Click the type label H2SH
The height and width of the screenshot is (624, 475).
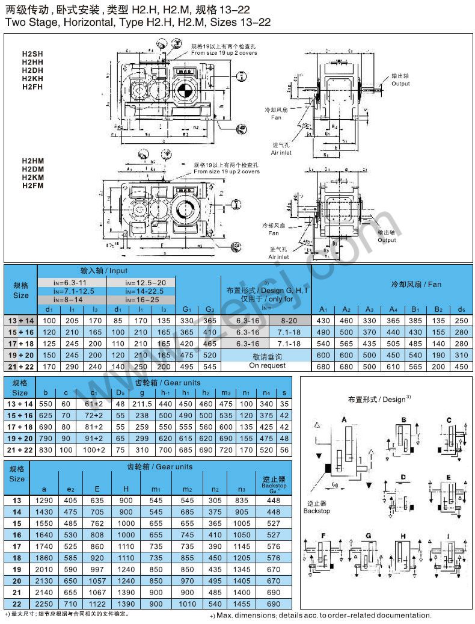tap(32, 53)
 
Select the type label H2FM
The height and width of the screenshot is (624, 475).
tap(32, 186)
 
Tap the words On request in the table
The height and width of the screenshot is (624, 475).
tap(267, 365)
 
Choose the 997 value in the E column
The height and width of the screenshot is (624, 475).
tap(93, 569)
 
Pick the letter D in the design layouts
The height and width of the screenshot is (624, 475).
tap(403, 477)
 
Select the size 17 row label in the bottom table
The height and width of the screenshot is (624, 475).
tap(17, 546)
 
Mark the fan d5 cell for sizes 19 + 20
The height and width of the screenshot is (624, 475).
tap(461, 355)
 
